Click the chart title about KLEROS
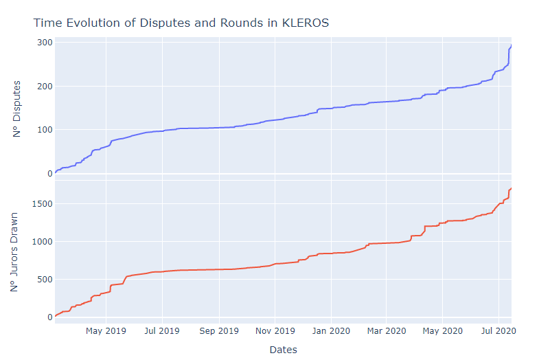[x=181, y=23]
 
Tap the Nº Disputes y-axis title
[x=16, y=109]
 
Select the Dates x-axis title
[x=283, y=350]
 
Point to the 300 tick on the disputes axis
[x=45, y=43]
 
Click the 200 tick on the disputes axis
[x=45, y=87]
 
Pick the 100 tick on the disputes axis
[x=45, y=130]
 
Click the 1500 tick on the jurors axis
[x=40, y=204]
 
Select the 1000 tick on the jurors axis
[x=40, y=242]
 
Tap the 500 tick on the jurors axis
[x=43, y=280]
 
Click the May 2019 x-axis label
[x=106, y=330]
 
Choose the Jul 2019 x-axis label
[x=162, y=330]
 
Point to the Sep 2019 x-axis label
[x=219, y=330]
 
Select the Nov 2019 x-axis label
[x=275, y=330]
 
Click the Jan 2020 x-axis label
[x=331, y=330]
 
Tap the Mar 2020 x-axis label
[x=386, y=330]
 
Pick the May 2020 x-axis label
[x=442, y=330]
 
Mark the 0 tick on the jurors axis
[x=49, y=317]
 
